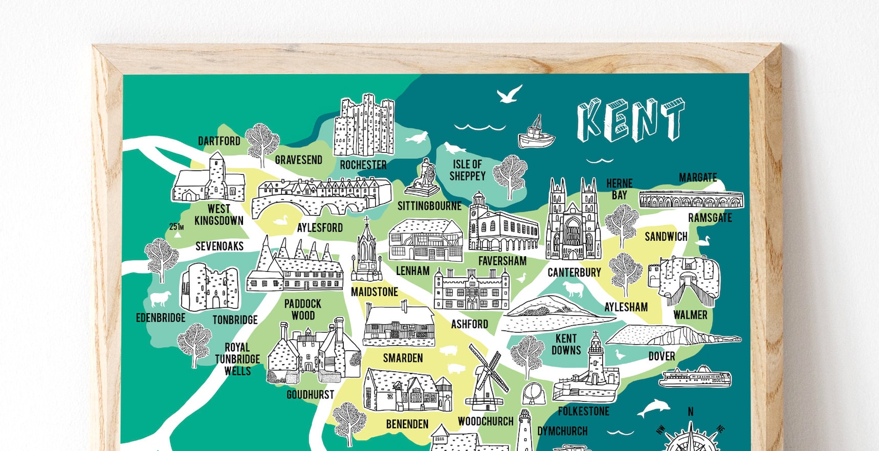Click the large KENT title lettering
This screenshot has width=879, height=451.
click(630, 120)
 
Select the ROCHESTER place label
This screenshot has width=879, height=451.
click(363, 165)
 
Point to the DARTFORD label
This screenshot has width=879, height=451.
click(219, 141)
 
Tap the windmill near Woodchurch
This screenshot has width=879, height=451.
click(486, 376)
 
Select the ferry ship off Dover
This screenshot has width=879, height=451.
click(695, 378)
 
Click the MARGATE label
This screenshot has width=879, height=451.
click(697, 178)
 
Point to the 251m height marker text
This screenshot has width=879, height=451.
click(176, 227)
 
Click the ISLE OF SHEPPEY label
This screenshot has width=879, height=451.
click(467, 170)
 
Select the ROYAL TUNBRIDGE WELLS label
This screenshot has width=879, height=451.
click(237, 359)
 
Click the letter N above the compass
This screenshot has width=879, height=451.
click(690, 412)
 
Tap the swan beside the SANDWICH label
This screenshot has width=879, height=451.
click(703, 241)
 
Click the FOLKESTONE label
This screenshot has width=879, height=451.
click(583, 411)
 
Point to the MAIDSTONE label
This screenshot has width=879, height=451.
click(374, 292)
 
